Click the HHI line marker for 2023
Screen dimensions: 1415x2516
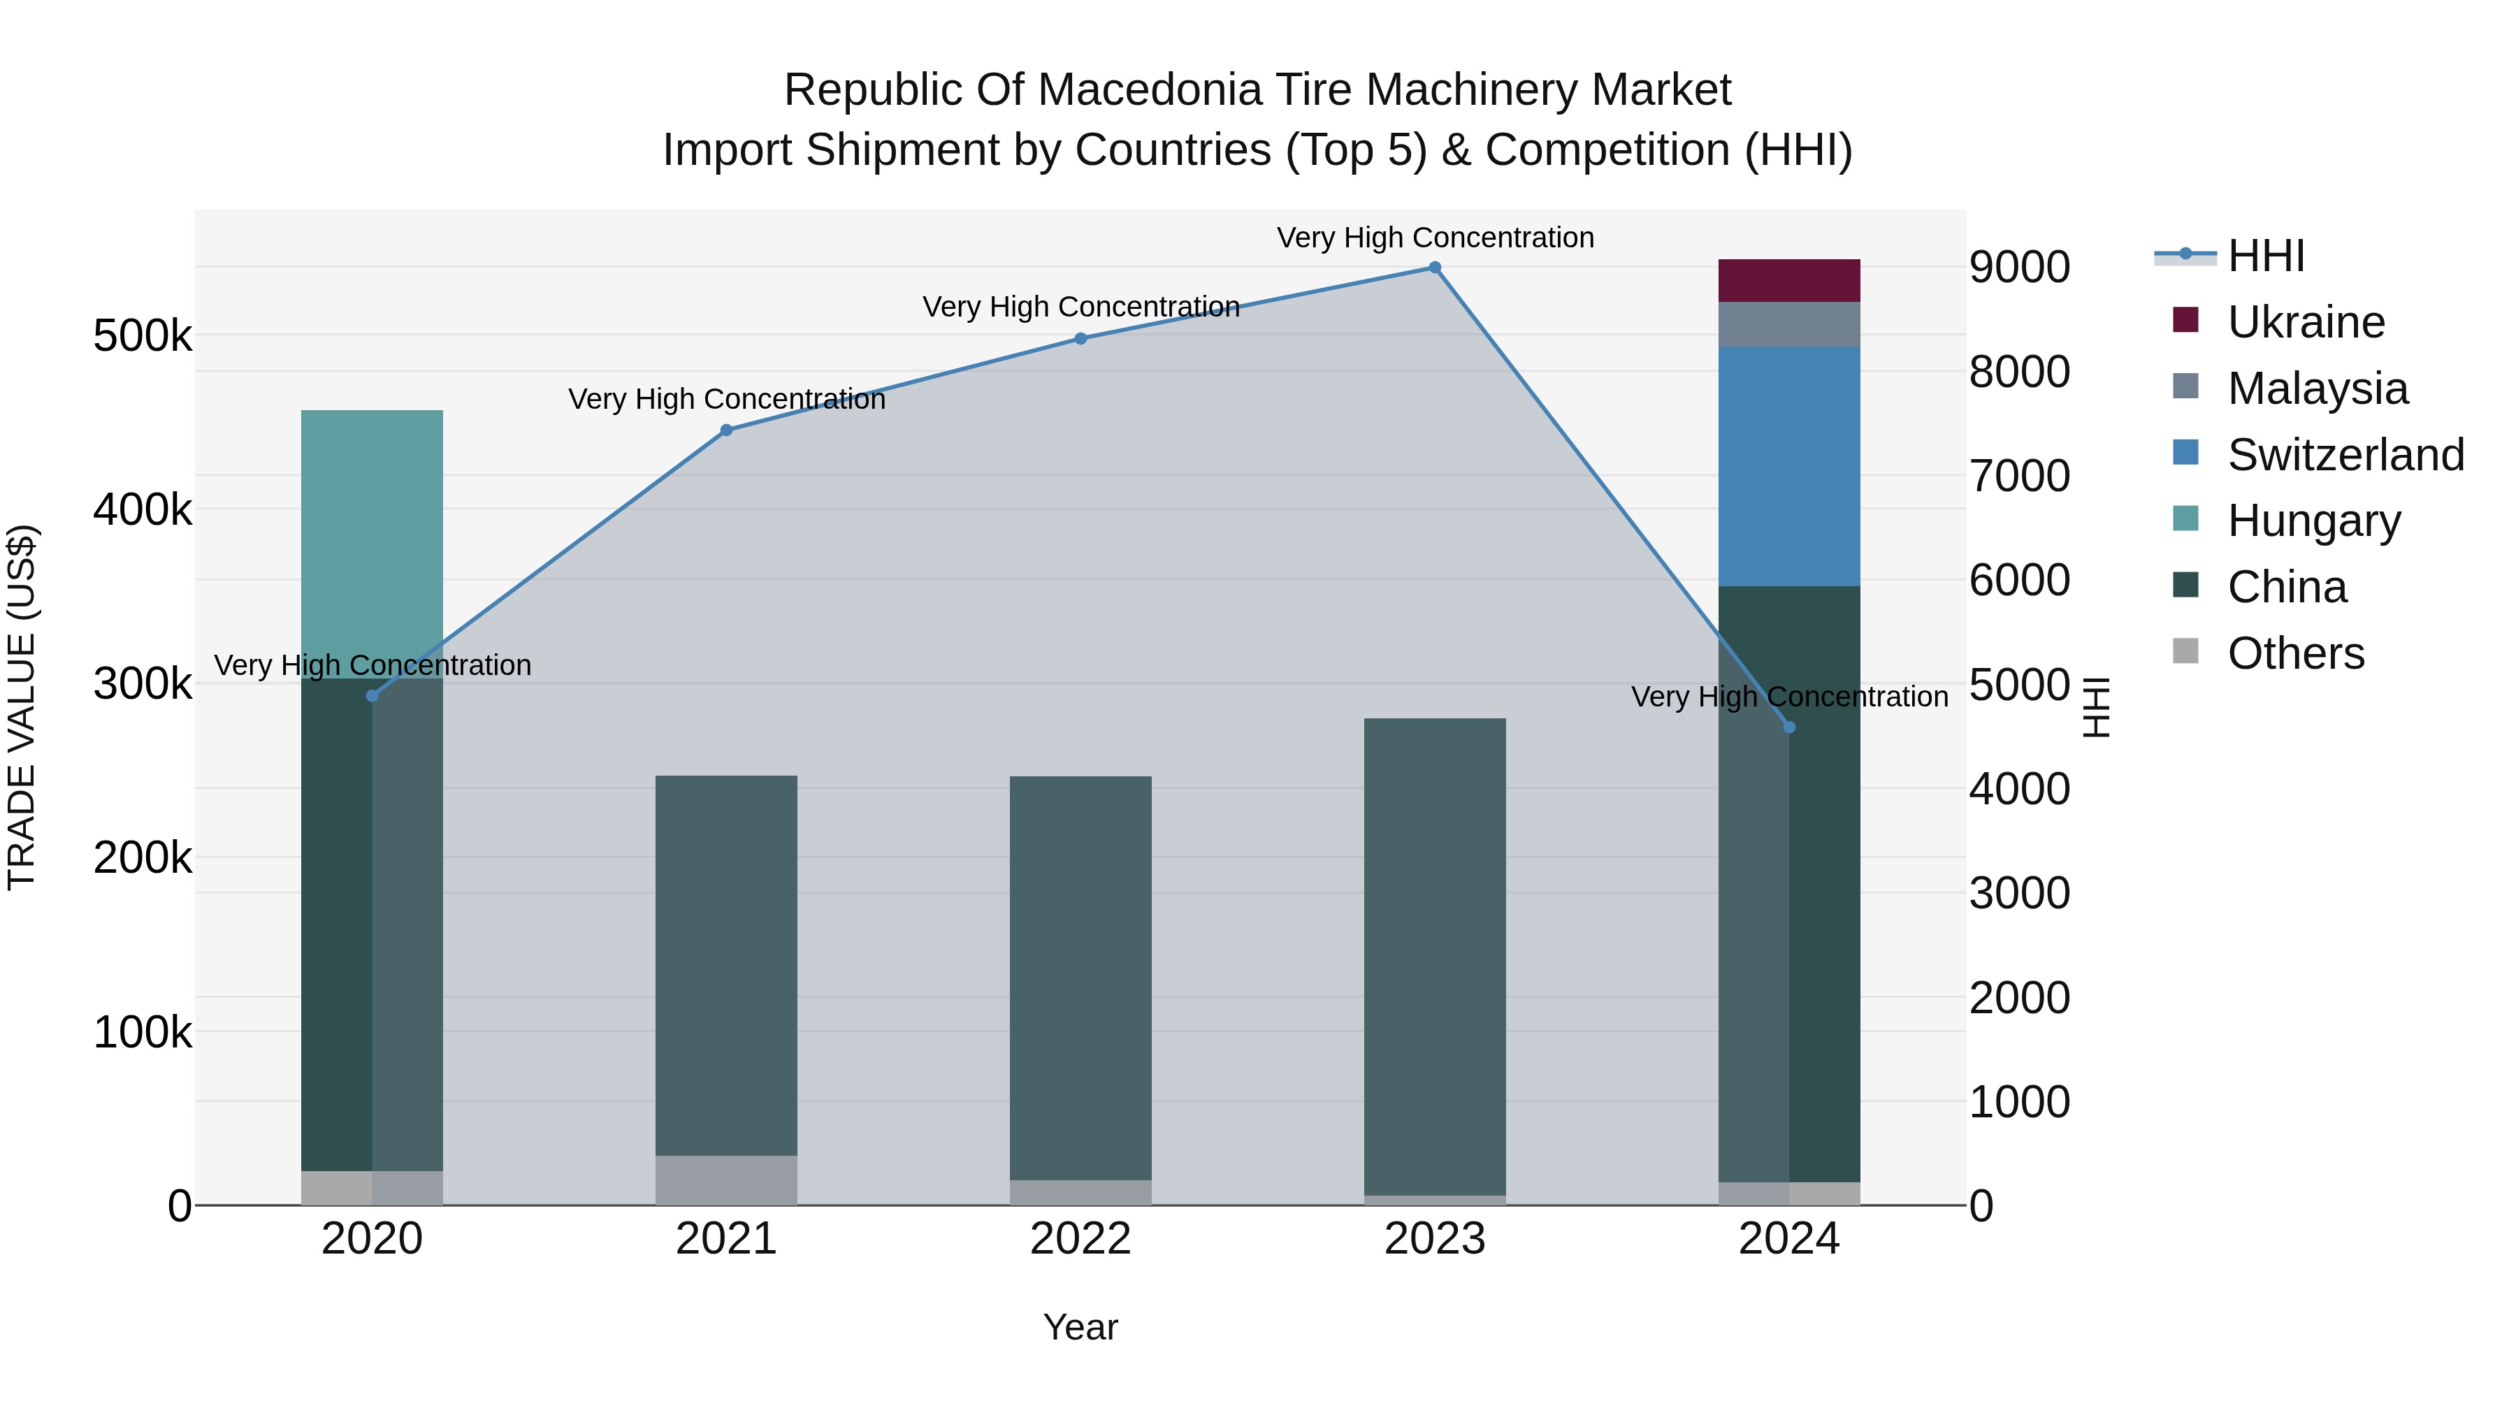click(1435, 268)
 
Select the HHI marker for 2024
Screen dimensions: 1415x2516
click(1789, 727)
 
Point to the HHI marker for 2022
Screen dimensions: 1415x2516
click(1080, 339)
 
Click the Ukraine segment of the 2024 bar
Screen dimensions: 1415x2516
click(1789, 281)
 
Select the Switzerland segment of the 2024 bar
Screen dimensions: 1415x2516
click(1789, 467)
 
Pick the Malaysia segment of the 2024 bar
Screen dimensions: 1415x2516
click(1789, 324)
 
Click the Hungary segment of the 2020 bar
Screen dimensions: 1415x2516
click(372, 544)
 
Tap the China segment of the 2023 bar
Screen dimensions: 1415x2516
click(1435, 957)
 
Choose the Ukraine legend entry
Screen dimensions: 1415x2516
click(2305, 322)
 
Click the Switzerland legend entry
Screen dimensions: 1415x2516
click(2344, 455)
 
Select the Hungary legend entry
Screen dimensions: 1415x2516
click(2313, 521)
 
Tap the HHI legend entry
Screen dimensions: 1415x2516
click(2266, 256)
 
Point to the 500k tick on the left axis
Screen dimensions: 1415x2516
click(143, 336)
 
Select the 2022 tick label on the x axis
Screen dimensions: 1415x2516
click(1080, 1239)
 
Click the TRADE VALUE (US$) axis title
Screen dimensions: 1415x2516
click(22, 707)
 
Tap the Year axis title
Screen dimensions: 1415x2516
click(1080, 1327)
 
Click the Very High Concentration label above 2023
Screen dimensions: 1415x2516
click(1435, 238)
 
